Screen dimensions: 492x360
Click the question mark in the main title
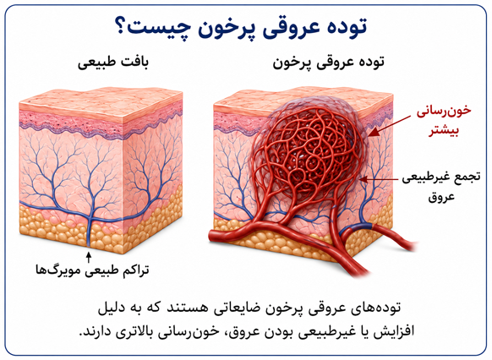point(119,27)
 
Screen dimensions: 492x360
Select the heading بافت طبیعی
point(113,62)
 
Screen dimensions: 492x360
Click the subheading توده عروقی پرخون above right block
point(328,63)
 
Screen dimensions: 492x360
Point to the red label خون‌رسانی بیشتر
point(444,120)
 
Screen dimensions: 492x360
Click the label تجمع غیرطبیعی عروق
point(441,186)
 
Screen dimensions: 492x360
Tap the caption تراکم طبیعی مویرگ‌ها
point(92,270)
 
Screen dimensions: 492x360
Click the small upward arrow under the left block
point(89,257)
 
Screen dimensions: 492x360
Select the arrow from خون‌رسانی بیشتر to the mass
point(389,126)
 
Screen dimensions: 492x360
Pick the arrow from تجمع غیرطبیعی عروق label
point(380,179)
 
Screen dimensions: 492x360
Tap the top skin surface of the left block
point(101,101)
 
